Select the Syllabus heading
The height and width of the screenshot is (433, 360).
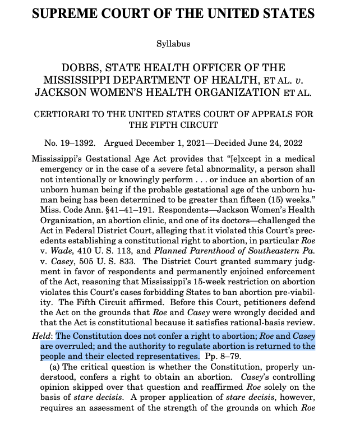(173, 43)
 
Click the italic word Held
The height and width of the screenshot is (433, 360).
(43, 336)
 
